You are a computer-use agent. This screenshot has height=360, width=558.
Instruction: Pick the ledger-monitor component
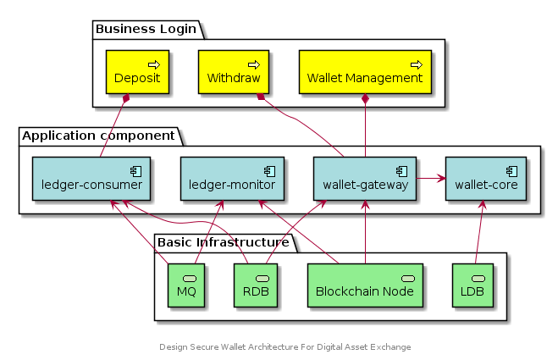[226, 178]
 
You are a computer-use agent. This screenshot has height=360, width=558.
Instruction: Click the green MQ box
[186, 285]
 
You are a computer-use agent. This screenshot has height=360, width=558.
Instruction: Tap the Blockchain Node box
[364, 285]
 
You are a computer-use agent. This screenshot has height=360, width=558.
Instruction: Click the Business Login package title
[146, 29]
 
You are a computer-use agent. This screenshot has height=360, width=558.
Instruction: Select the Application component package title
[98, 136]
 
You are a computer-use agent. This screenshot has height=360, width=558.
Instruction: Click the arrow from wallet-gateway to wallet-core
[430, 179]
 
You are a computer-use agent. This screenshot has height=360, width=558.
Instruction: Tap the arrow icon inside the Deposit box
[154, 64]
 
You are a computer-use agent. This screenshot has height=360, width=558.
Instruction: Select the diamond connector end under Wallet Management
[364, 100]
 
